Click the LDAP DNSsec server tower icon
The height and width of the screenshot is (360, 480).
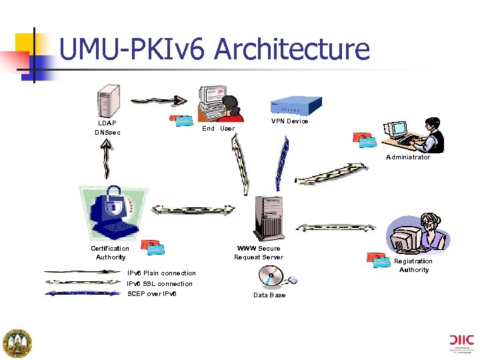tap(109, 101)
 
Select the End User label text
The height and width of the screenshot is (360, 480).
tap(218, 129)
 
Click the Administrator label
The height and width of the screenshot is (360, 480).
tap(408, 157)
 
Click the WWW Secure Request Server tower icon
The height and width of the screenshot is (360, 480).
tap(269, 219)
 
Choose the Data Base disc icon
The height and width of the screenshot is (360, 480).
tap(271, 276)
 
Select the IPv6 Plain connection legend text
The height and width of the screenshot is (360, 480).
tap(161, 273)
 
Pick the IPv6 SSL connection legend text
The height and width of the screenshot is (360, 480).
tap(160, 284)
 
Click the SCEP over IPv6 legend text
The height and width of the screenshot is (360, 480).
tap(152, 294)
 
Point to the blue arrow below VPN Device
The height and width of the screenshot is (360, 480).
tap(283, 163)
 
